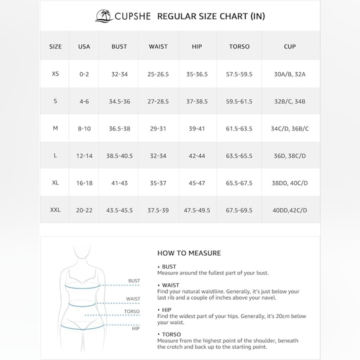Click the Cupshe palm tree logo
[104, 16]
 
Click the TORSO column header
[239, 47]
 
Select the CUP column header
[289, 47]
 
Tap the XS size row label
[55, 74]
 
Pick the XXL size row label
[55, 210]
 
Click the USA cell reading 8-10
[84, 128]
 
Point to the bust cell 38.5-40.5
[119, 156]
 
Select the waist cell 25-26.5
[158, 74]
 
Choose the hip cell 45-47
[196, 183]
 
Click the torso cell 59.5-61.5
[239, 101]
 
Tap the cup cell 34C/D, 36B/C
[289, 128]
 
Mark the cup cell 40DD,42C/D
[289, 210]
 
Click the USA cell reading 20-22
[84, 210]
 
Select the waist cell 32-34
[158, 156]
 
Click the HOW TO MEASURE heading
[189, 253]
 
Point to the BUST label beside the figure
[134, 281]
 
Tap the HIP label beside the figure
[135, 328]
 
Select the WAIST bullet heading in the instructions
[170, 285]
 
